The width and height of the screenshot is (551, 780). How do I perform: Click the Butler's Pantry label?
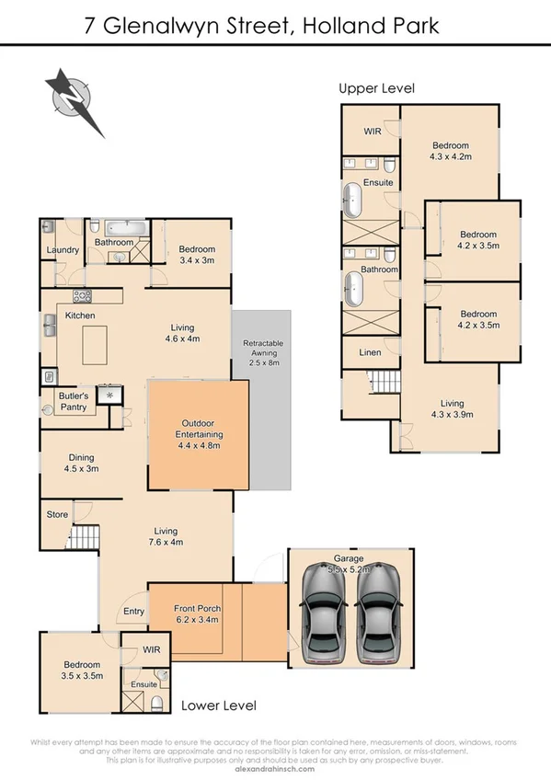tap(73, 400)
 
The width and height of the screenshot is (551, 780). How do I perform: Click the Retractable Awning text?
tap(262, 349)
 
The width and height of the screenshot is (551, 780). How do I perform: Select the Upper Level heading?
tap(376, 89)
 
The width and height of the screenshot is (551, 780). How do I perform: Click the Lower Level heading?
tap(218, 705)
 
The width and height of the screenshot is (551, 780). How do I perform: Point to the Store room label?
tap(57, 514)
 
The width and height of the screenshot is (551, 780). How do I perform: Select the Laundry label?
tap(61, 249)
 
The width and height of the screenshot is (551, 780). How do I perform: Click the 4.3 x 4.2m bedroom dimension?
tap(450, 157)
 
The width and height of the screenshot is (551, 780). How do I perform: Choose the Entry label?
tap(132, 612)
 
